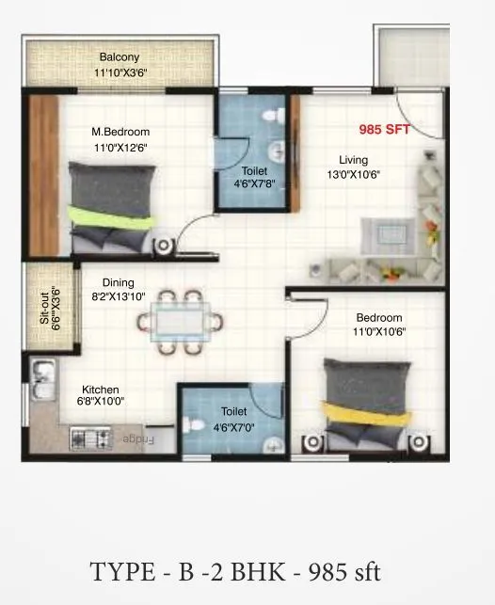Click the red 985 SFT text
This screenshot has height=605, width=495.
click(385, 131)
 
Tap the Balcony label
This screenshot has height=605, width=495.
click(120, 57)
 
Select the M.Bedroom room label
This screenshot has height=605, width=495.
click(120, 132)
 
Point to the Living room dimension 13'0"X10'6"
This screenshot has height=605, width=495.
click(354, 174)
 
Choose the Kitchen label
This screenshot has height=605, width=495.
click(100, 390)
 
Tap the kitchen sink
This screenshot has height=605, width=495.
click(41, 380)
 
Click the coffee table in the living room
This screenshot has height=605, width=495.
click(384, 230)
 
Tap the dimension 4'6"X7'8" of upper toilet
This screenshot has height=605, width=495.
click(254, 184)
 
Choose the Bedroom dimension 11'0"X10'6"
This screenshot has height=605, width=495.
click(378, 332)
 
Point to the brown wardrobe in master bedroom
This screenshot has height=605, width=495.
click(44, 174)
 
